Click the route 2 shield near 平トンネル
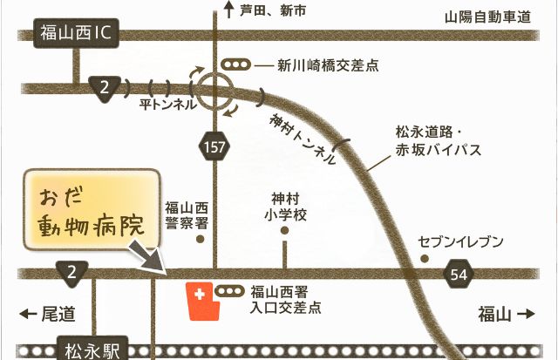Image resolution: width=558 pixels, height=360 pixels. tap(104, 85)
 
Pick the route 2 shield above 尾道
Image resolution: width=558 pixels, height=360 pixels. tap(71, 272)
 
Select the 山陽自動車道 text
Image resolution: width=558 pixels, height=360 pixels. tap(487, 17)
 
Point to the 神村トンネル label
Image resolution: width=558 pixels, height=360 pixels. tap(303, 139)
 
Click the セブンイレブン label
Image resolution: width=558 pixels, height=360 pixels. tap(460, 241)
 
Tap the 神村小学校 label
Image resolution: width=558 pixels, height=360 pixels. tap(284, 207)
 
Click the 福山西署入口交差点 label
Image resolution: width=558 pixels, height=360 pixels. tap(285, 299)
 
